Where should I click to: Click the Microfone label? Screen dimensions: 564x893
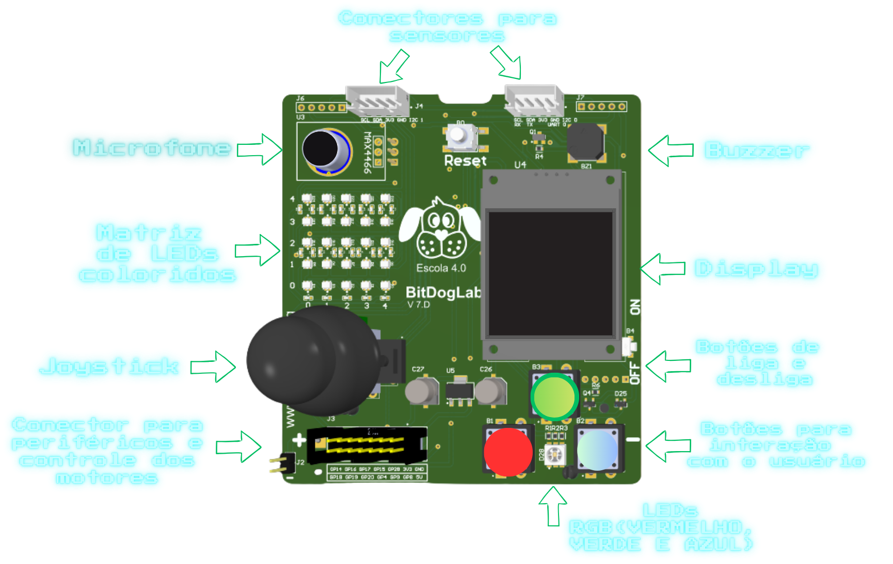(152, 148)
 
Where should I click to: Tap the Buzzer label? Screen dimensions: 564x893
(756, 151)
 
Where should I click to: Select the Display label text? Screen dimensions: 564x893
(756, 269)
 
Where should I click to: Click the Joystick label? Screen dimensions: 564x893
(109, 367)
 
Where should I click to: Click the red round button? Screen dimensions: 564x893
(508, 451)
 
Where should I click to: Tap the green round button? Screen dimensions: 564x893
(554, 396)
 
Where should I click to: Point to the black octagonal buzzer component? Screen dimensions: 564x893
(585, 142)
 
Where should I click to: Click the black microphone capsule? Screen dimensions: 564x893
(321, 148)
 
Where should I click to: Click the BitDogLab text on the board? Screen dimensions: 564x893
(443, 292)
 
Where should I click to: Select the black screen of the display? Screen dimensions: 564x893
(551, 274)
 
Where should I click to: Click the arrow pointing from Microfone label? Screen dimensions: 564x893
(262, 150)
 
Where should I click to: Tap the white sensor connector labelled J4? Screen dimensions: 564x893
(377, 101)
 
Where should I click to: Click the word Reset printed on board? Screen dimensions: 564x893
(466, 161)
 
